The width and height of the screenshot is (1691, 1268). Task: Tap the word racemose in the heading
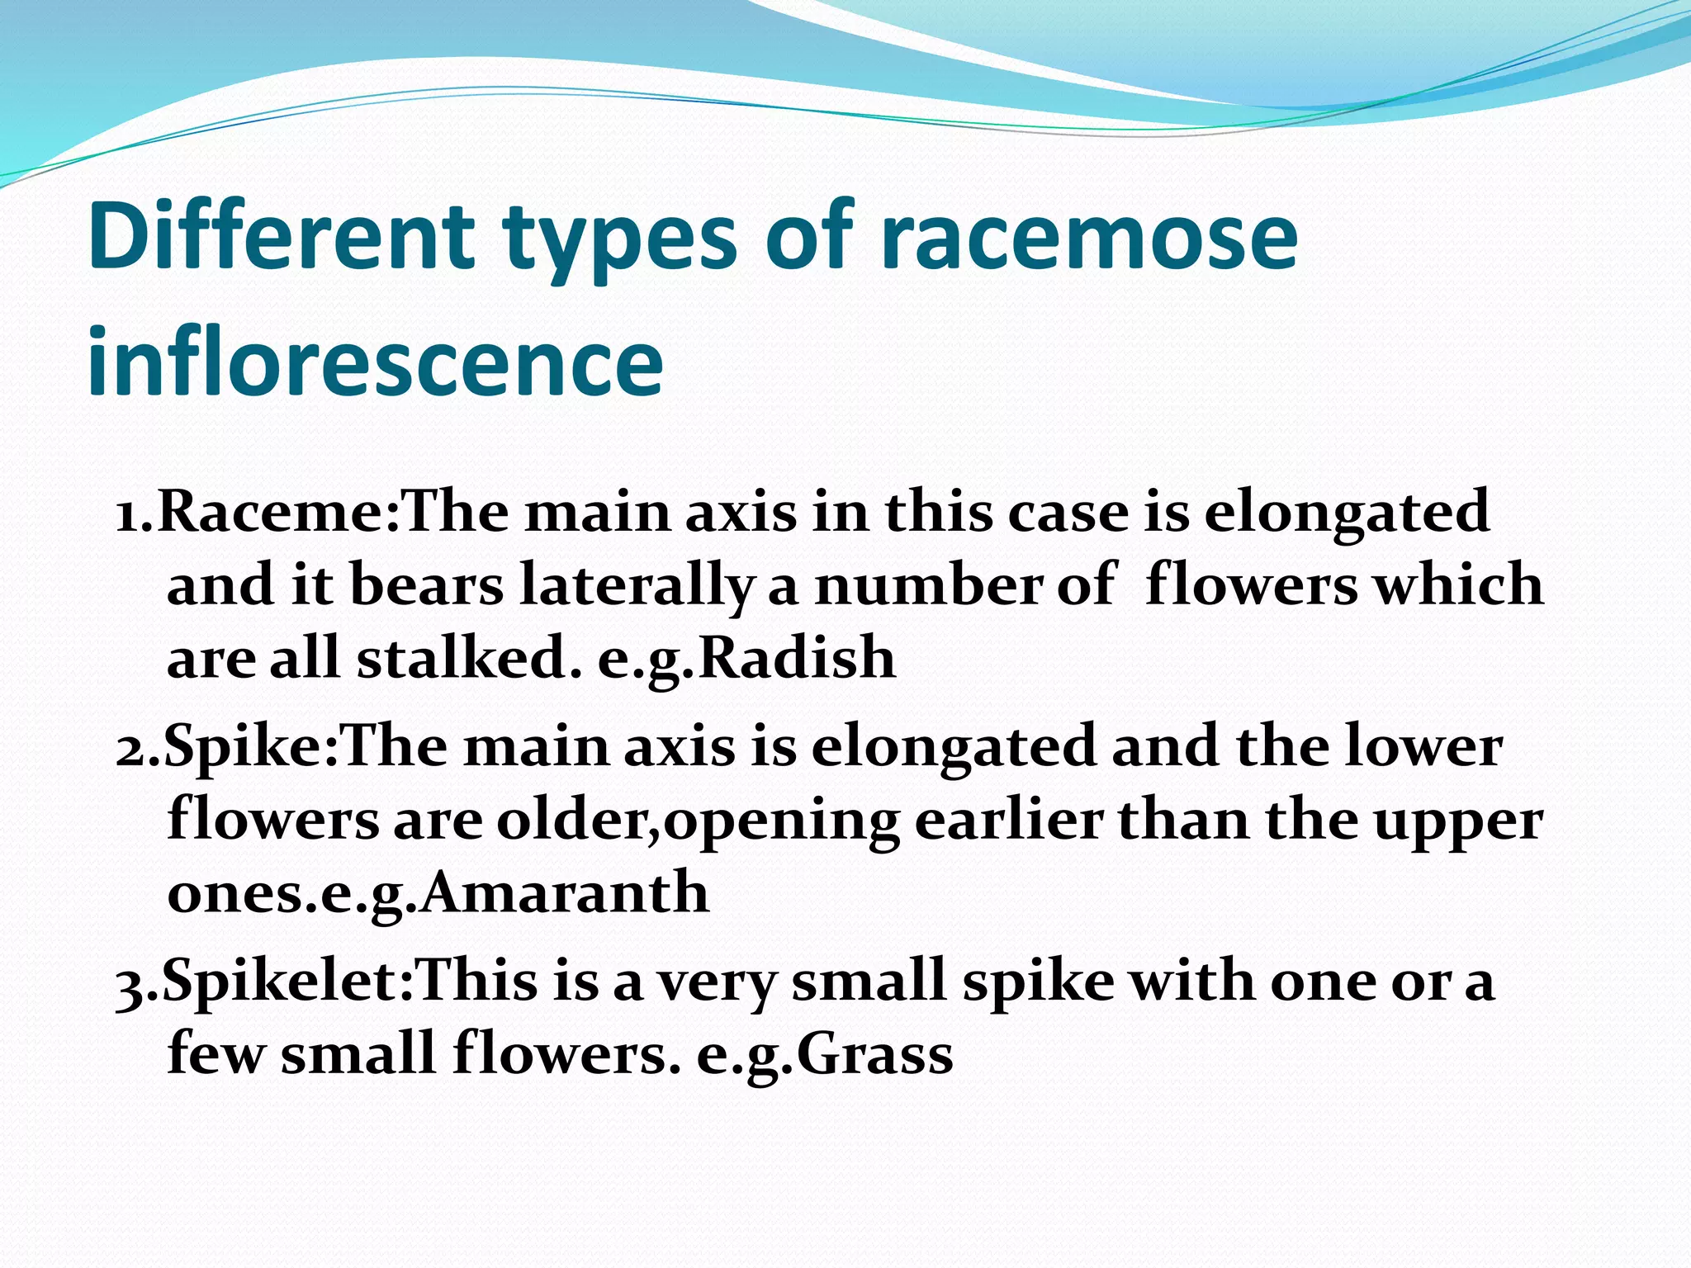[1088, 238]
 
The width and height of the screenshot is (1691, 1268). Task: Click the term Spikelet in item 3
[285, 982]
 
